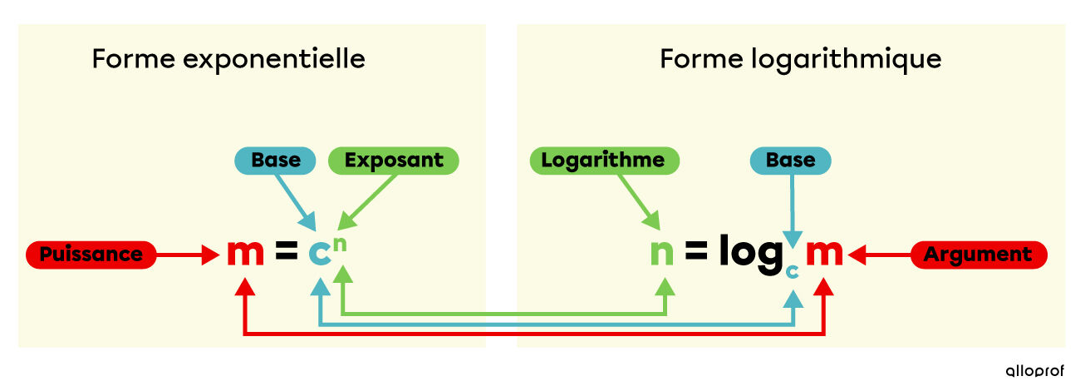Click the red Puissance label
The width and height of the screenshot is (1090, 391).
pyautogui.click(x=91, y=255)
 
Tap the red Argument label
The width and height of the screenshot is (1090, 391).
pyautogui.click(x=979, y=255)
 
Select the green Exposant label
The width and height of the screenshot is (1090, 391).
pyautogui.click(x=394, y=161)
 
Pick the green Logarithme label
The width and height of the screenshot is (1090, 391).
pyautogui.click(x=604, y=161)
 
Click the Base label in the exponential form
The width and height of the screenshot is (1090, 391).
pyautogui.click(x=276, y=161)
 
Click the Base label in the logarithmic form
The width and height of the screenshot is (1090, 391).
pyautogui.click(x=790, y=161)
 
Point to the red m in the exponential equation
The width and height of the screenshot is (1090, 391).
pyautogui.click(x=246, y=253)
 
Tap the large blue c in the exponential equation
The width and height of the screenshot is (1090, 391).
pyautogui.click(x=320, y=253)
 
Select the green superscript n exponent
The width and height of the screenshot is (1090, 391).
pyautogui.click(x=340, y=244)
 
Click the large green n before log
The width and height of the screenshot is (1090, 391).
pyautogui.click(x=662, y=253)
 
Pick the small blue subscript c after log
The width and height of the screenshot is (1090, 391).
pyautogui.click(x=793, y=271)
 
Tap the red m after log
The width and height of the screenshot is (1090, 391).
pyautogui.click(x=824, y=253)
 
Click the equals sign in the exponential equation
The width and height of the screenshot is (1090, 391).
pyautogui.click(x=286, y=251)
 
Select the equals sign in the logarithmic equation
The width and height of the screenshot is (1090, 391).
pyautogui.click(x=696, y=251)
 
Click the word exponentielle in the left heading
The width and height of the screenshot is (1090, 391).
pyautogui.click(x=274, y=59)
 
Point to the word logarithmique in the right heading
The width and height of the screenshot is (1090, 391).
pyautogui.click(x=847, y=60)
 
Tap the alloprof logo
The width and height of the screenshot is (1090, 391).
pyautogui.click(x=1034, y=371)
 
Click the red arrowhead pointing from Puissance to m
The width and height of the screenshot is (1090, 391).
pyautogui.click(x=211, y=255)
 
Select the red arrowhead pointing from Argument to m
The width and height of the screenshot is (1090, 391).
pyautogui.click(x=857, y=255)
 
